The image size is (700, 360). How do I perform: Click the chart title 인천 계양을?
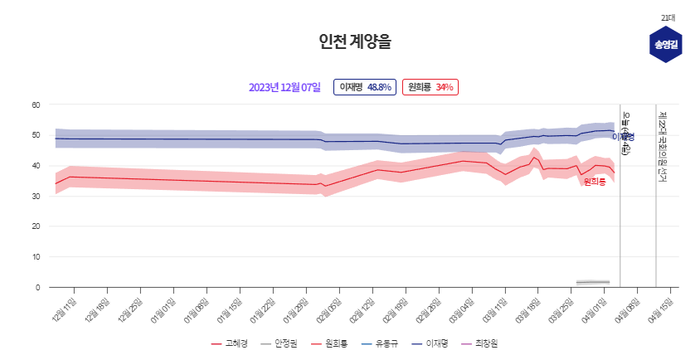click(x=349, y=41)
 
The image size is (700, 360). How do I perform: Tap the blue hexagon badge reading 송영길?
click(x=664, y=44)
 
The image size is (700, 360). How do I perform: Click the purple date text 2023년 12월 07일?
click(x=284, y=87)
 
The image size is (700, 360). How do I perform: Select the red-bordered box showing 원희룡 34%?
click(x=430, y=87)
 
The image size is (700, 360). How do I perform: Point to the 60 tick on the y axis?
click(x=36, y=105)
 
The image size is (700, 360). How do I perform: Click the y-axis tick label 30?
click(x=36, y=196)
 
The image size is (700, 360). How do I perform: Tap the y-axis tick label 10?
click(x=36, y=257)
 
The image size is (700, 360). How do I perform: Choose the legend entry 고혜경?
click(x=230, y=343)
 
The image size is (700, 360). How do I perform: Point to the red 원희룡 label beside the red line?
click(x=594, y=181)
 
